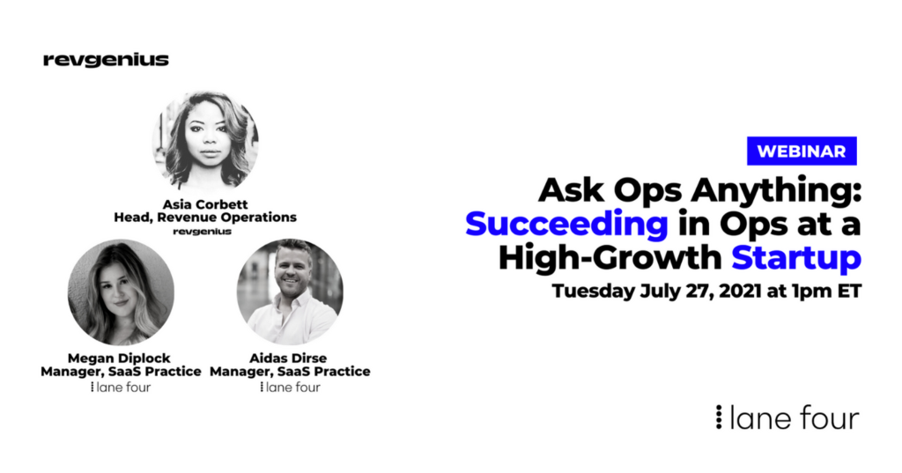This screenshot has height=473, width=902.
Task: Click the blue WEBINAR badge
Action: (802, 151)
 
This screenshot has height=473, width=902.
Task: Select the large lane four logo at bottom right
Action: (787, 418)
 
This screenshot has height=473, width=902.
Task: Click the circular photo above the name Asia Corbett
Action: (205, 141)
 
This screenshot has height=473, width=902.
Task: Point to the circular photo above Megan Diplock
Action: (121, 292)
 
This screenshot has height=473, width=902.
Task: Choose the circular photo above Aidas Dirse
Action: (290, 292)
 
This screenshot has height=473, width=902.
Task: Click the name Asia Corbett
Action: (205, 204)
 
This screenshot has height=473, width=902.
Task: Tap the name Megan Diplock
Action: (119, 358)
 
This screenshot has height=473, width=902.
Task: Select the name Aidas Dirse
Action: (288, 358)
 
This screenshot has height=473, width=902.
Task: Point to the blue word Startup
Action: (796, 258)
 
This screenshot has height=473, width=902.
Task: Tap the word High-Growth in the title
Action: (610, 257)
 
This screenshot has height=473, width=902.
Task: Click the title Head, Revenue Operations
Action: (205, 218)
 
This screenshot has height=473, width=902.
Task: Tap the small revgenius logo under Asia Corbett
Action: (203, 232)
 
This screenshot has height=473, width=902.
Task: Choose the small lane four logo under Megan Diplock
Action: (121, 388)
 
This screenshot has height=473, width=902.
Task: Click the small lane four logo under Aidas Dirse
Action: (290, 388)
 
